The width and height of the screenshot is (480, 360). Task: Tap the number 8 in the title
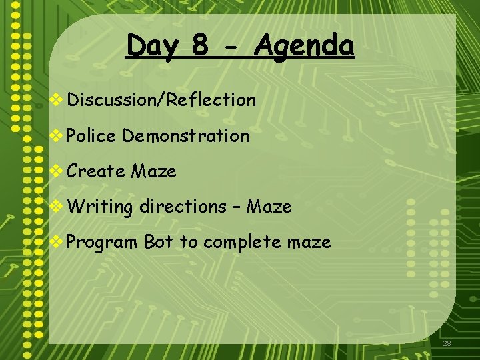(x=200, y=45)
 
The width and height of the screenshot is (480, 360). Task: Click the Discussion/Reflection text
(x=161, y=100)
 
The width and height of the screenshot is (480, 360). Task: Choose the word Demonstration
(x=186, y=136)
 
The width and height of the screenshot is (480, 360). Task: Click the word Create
(x=96, y=171)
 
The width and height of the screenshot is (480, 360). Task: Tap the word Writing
(x=100, y=207)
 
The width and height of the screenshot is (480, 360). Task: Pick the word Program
(x=103, y=243)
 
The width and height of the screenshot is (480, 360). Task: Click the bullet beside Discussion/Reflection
(x=57, y=100)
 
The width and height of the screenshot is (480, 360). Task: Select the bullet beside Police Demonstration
(x=57, y=136)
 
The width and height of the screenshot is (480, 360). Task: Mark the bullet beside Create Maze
(x=57, y=171)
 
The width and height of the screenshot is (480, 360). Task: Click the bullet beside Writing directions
(x=57, y=207)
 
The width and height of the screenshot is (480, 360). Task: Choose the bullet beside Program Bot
(x=57, y=242)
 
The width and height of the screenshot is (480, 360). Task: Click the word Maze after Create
(x=153, y=171)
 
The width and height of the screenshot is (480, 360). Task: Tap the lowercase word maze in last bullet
(x=309, y=242)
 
